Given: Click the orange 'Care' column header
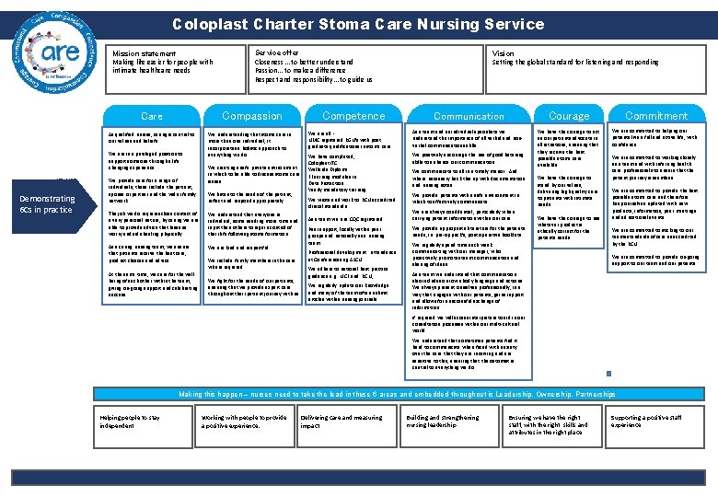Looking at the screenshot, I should [152, 116].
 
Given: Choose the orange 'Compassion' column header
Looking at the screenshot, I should [252, 116].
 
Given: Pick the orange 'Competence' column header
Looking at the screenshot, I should [353, 116].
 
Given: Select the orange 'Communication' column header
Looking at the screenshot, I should [469, 116].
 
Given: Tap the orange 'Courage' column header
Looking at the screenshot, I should [569, 116].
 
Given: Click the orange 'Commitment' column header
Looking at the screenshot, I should [656, 116].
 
